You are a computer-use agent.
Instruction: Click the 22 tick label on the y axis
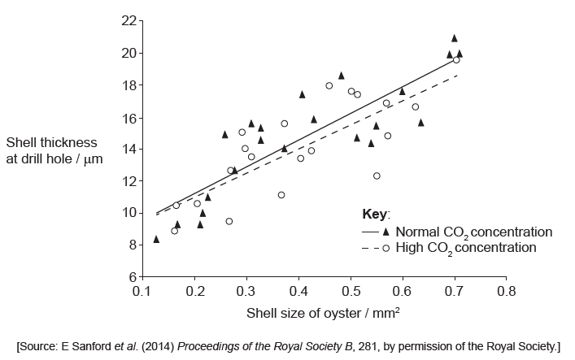129,20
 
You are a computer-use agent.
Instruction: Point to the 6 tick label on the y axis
132,276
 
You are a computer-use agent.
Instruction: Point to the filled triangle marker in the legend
386,232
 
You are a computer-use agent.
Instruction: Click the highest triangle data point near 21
455,37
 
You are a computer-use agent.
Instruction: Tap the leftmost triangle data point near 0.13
156,239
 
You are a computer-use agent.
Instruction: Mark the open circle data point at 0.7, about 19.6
456,60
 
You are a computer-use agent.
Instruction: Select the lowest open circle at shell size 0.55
377,176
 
